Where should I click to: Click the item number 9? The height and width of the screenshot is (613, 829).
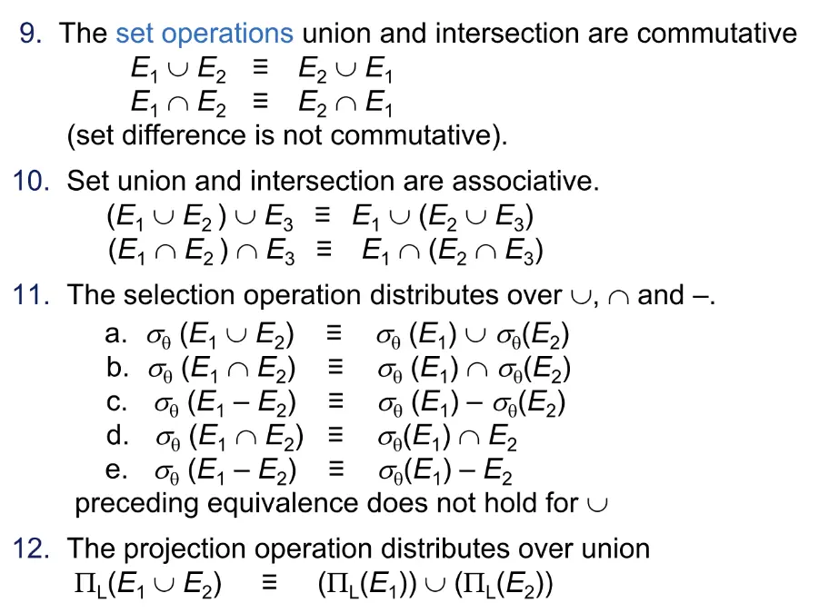point(31,34)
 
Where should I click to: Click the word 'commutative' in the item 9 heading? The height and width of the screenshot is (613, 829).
point(717,34)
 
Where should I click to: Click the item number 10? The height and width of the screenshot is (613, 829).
point(31,181)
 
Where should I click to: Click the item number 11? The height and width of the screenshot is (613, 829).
point(31,294)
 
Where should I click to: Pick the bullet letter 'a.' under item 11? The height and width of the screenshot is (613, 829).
point(115,333)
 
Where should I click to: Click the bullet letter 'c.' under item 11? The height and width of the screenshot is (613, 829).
point(116,402)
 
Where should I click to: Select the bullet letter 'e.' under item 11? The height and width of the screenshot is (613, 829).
point(116,470)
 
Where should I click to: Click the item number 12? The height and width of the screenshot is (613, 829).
point(31,548)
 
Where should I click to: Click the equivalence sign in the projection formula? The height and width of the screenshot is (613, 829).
point(269,582)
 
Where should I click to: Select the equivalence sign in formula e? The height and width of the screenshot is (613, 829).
point(336,469)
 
